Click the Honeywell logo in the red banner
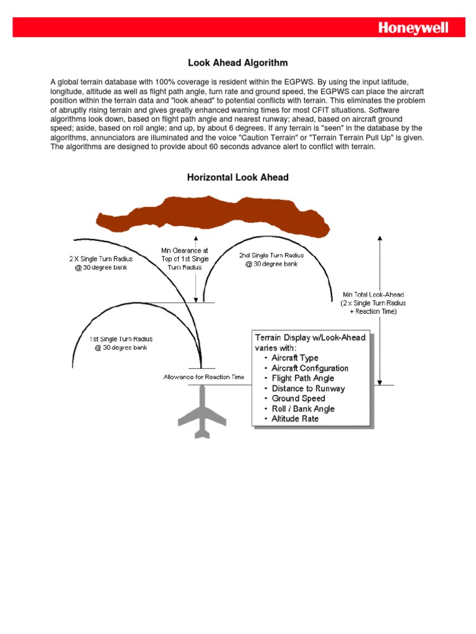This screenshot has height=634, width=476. pos(413,28)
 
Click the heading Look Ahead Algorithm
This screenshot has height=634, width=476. pos(238,63)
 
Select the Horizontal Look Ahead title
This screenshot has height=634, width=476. pos(238,178)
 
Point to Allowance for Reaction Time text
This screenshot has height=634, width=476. pos(204,376)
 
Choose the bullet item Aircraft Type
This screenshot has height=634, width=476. pos(295,358)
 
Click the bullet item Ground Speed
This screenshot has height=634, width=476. pos(298,398)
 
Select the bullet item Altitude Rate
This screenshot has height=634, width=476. pos(295,419)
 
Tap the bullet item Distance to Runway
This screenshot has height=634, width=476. pos(308,388)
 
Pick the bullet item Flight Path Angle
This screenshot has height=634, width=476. pos(302,378)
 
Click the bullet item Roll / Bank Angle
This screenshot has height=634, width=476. pos(303,409)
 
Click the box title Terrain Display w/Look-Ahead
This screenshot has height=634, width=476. pos(310,337)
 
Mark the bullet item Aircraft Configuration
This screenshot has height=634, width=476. pos(310,368)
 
